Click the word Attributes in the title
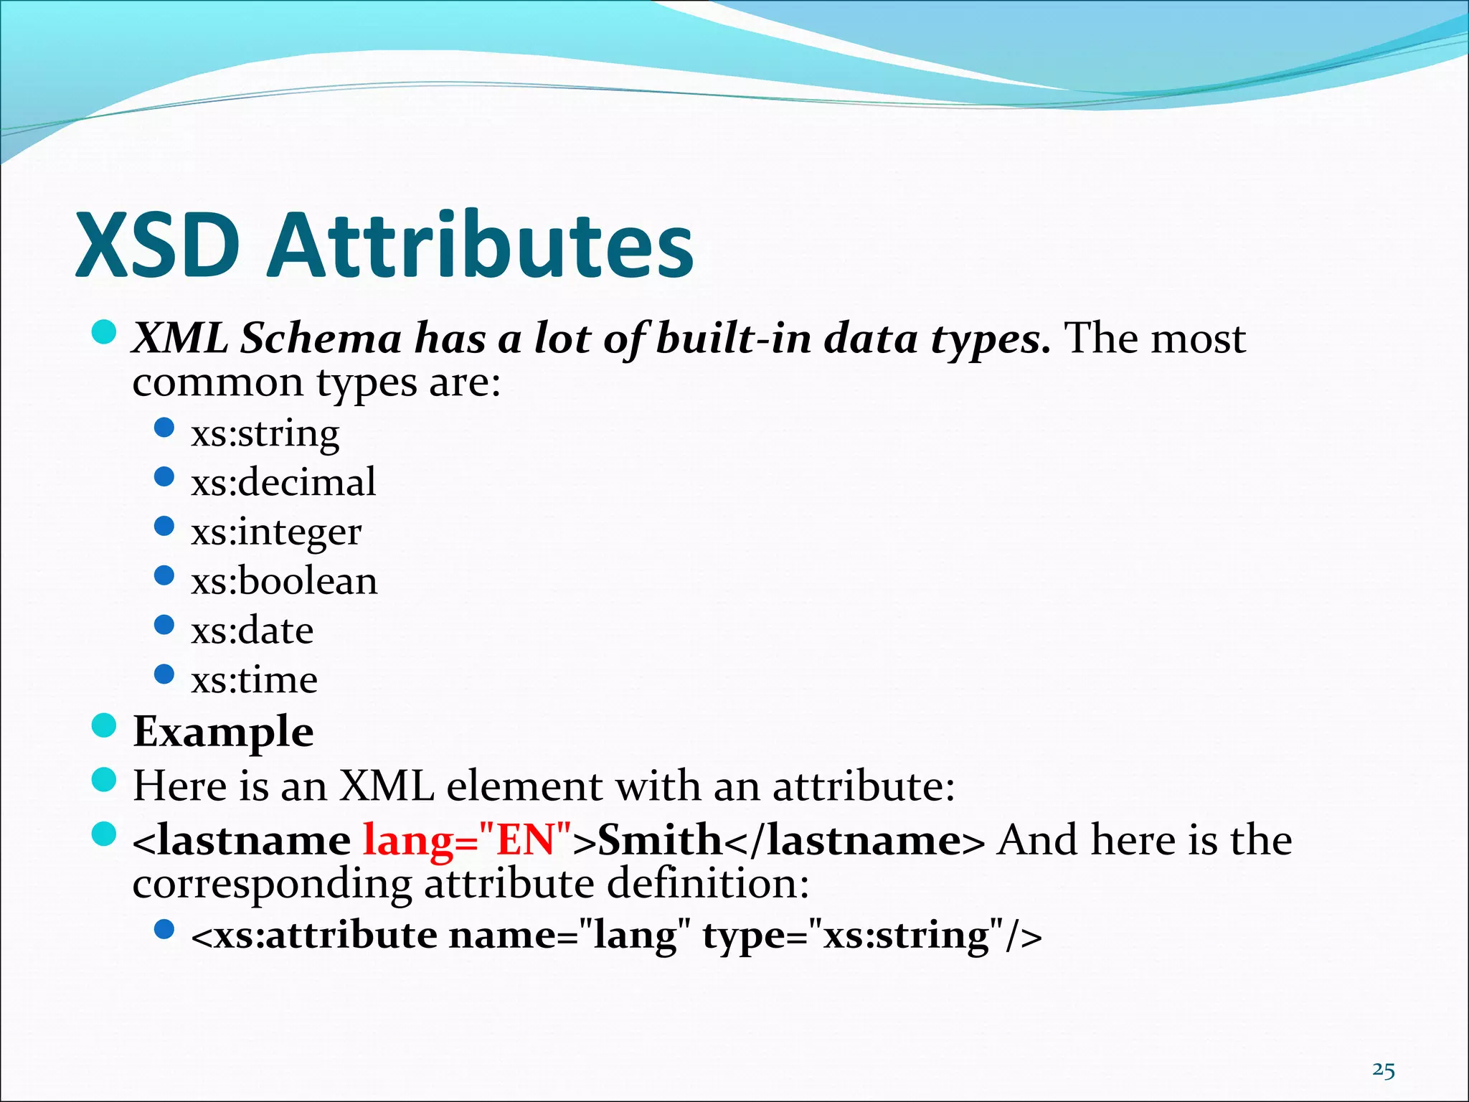pyautogui.click(x=480, y=246)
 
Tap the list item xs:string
pyautogui.click(x=265, y=433)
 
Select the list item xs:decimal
pyautogui.click(x=283, y=482)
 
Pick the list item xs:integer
pyautogui.click(x=276, y=532)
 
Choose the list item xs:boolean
pyautogui.click(x=284, y=581)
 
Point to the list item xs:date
pyautogui.click(x=252, y=631)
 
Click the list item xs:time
pyautogui.click(x=255, y=679)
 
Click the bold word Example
pyautogui.click(x=223, y=732)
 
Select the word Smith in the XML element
pyautogui.click(x=660, y=840)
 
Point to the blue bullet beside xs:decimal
pyautogui.click(x=165, y=477)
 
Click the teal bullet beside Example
pyautogui.click(x=105, y=725)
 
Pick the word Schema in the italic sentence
pyautogui.click(x=321, y=339)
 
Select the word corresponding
pyautogui.click(x=273, y=884)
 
